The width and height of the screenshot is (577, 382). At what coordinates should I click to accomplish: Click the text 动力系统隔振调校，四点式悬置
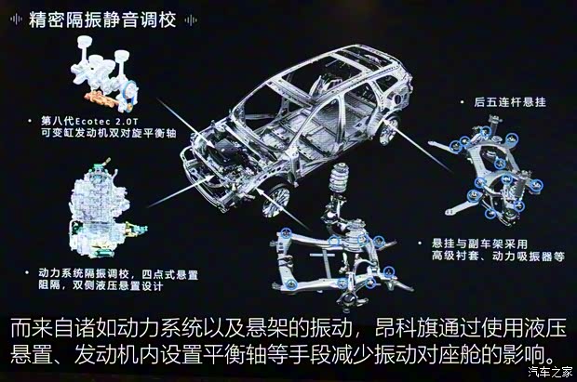coord(114,274)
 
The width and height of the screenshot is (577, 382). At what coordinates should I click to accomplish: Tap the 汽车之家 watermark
coord(549,374)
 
